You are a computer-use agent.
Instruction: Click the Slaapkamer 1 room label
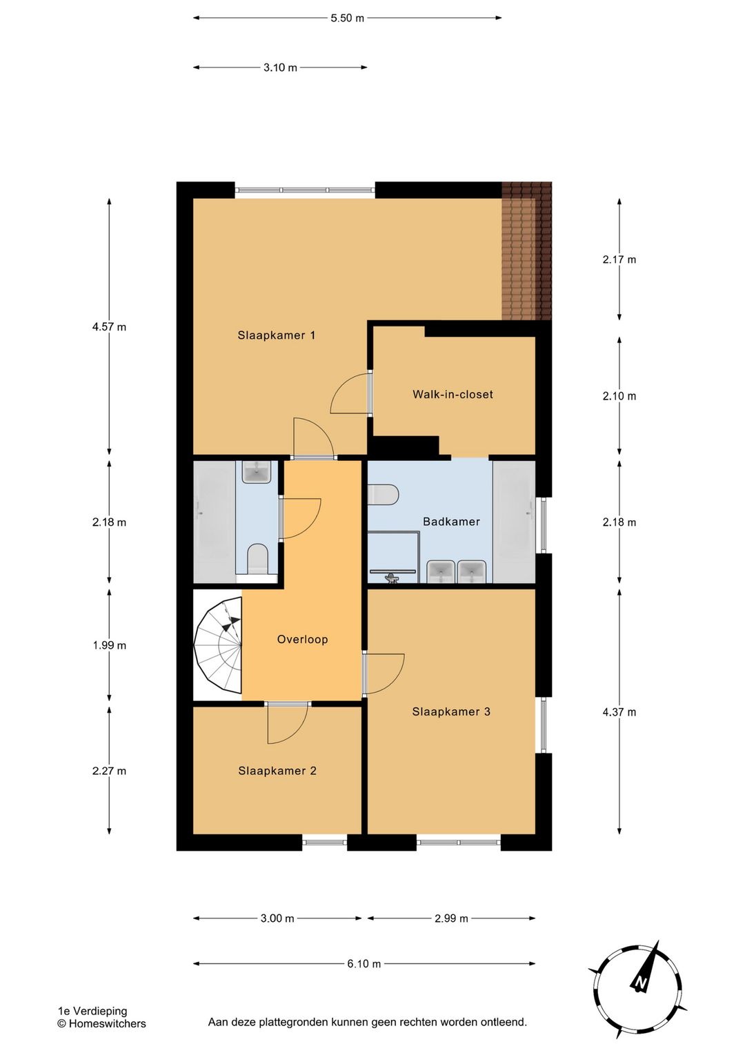[277, 335]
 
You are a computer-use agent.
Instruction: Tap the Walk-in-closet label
[453, 394]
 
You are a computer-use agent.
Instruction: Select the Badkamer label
[451, 522]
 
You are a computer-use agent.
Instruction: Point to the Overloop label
[302, 639]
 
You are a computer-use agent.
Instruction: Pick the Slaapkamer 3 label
[451, 711]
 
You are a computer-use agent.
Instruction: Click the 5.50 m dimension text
[348, 19]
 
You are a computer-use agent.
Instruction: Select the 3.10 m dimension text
[280, 68]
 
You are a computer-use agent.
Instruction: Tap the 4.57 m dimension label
[109, 326]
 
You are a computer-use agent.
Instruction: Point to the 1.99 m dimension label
[109, 645]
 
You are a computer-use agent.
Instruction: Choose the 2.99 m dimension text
[451, 918]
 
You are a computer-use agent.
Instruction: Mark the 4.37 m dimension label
[619, 712]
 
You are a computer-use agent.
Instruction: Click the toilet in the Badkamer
[383, 495]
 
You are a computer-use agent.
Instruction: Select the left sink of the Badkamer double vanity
[440, 571]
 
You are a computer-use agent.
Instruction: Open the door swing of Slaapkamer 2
[288, 724]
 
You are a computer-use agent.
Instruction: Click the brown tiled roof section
[526, 251]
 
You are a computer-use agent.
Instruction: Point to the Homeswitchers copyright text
[102, 1023]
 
